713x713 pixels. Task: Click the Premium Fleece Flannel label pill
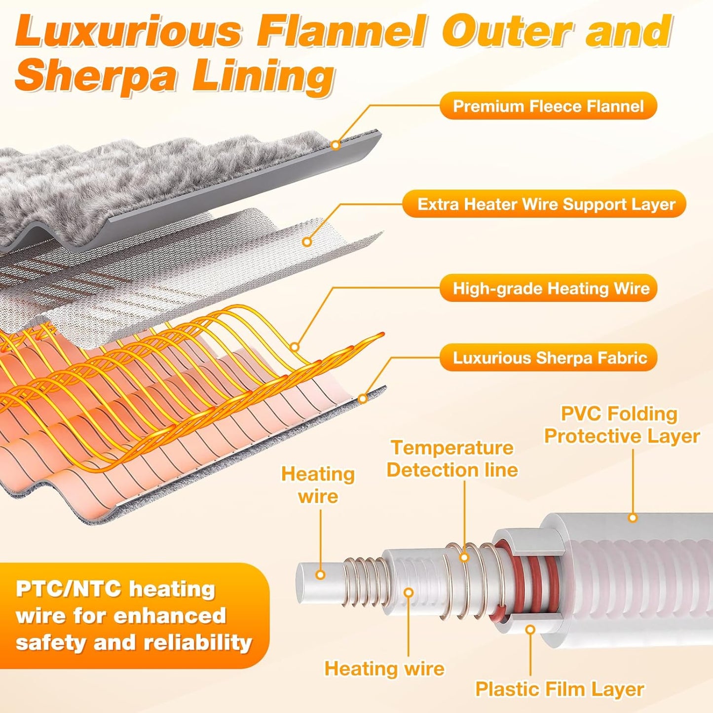point(548,106)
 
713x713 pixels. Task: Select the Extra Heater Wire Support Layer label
point(544,204)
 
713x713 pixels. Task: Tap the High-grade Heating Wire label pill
point(548,288)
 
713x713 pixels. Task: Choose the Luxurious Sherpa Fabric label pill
point(548,358)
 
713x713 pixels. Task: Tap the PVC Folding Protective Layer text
point(622,425)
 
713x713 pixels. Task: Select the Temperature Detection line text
point(452,459)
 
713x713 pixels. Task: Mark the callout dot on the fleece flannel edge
point(336,145)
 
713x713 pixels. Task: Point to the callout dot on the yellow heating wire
point(294,347)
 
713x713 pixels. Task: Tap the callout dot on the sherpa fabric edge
point(363,399)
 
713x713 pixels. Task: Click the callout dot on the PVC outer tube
point(633,517)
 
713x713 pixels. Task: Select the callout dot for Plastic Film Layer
point(530,629)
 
